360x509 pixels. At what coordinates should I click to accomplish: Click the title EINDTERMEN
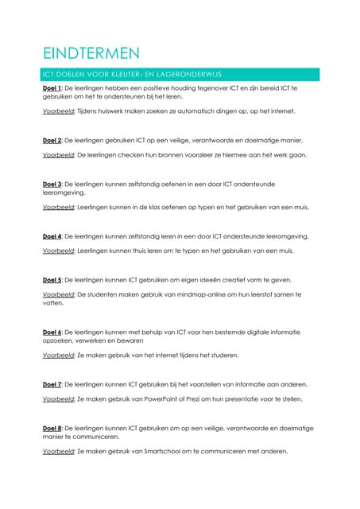pyautogui.click(x=91, y=54)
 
